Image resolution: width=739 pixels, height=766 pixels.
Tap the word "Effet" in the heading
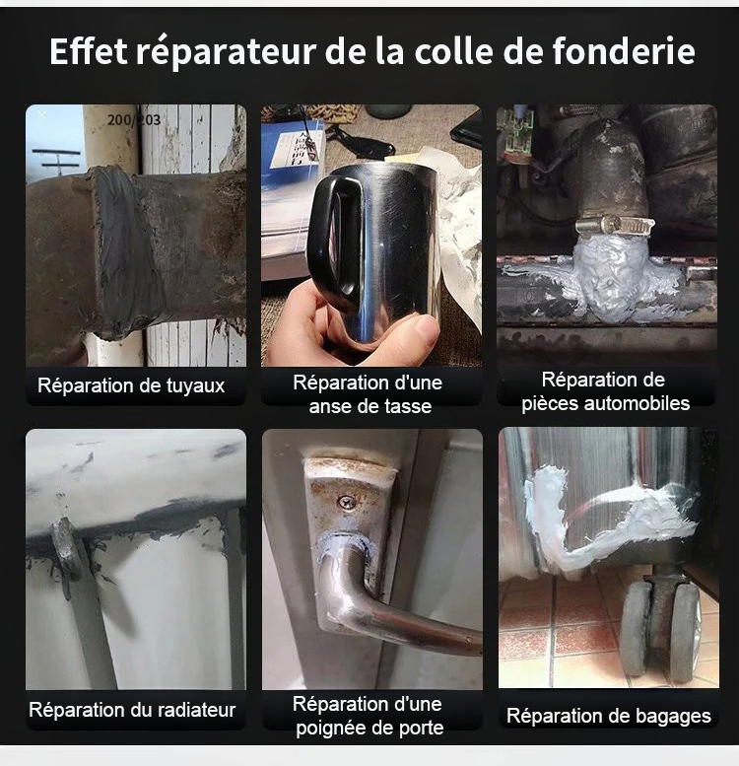coord(89,52)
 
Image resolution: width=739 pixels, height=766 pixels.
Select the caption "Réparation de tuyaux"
coord(131,385)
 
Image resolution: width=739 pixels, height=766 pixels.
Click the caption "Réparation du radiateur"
coord(132,710)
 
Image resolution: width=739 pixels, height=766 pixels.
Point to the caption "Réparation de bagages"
coord(609,716)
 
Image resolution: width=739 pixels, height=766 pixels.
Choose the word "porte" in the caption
coord(422,729)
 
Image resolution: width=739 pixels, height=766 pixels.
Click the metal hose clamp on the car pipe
coord(615,226)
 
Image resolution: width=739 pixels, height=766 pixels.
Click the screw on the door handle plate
coord(346,502)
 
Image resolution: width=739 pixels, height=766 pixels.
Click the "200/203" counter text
coord(134,120)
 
